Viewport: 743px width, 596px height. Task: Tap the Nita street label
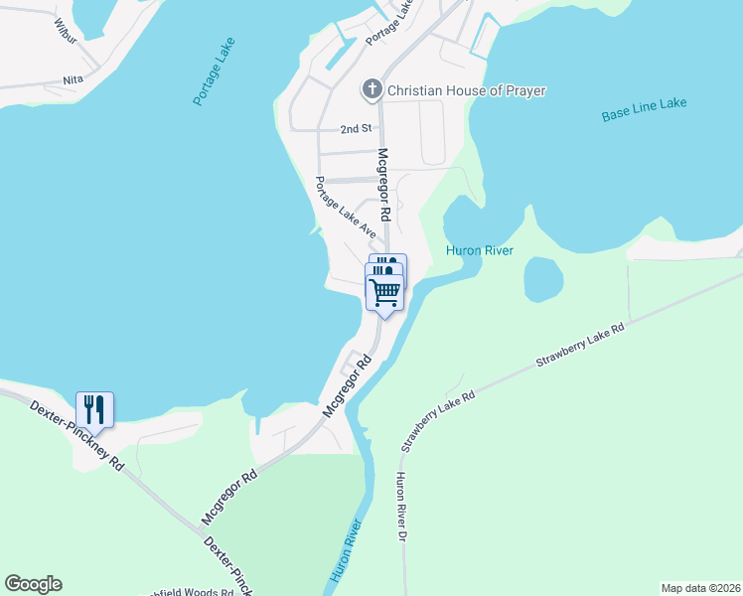pyautogui.click(x=73, y=79)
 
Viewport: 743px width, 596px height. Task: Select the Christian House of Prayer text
pyautogui.click(x=466, y=90)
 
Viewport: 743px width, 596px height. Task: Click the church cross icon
pyautogui.click(x=372, y=90)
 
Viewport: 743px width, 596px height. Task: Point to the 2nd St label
pyautogui.click(x=355, y=129)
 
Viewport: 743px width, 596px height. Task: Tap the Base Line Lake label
pyautogui.click(x=644, y=109)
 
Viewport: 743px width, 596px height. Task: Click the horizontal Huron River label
pyautogui.click(x=480, y=250)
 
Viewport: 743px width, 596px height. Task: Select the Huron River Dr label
pyautogui.click(x=401, y=508)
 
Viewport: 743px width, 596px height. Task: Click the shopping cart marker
pyautogui.click(x=384, y=292)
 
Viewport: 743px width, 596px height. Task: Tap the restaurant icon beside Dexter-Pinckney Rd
pyautogui.click(x=94, y=408)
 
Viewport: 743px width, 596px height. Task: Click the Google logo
pyautogui.click(x=33, y=584)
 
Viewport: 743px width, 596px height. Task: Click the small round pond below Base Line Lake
pyautogui.click(x=541, y=279)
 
